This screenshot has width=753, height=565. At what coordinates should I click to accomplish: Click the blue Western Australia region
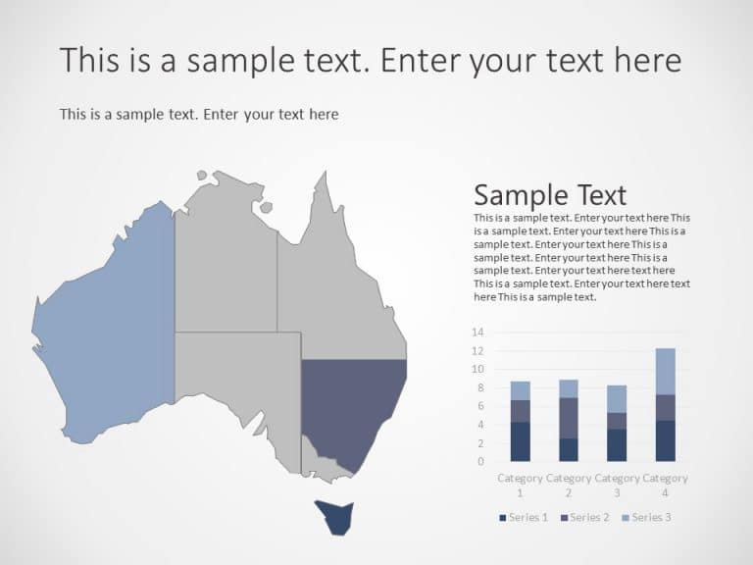click(x=108, y=324)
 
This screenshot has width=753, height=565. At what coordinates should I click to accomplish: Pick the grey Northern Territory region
click(x=226, y=265)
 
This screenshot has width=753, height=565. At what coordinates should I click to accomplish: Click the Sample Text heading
click(x=550, y=194)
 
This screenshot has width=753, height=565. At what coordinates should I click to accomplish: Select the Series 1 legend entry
click(x=524, y=517)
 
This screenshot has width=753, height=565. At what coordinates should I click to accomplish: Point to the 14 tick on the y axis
click(x=477, y=333)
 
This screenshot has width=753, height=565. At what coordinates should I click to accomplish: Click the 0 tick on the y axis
click(x=480, y=461)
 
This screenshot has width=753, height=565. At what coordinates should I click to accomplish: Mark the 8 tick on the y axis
click(x=480, y=387)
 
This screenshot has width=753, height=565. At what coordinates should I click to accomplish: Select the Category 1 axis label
click(x=520, y=485)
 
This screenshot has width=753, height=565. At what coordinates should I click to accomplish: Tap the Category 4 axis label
click(x=665, y=485)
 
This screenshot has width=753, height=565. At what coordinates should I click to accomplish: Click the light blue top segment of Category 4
click(x=665, y=371)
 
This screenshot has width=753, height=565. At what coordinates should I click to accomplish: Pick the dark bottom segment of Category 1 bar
click(x=520, y=441)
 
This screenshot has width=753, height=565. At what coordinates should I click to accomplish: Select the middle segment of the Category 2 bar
click(x=569, y=417)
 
